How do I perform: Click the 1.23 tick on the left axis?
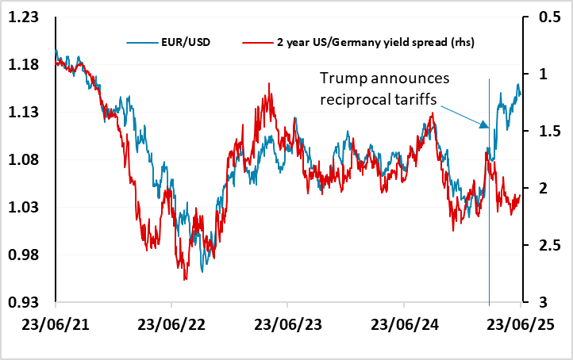(27, 17)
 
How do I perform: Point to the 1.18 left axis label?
(27, 64)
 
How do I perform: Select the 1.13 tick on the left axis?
(27, 112)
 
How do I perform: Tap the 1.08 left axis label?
(27, 159)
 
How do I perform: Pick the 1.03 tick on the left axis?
(27, 208)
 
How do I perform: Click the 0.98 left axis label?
(27, 255)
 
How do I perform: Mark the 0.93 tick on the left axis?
(27, 303)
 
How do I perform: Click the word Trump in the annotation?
(341, 79)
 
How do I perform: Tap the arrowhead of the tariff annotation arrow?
(485, 127)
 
